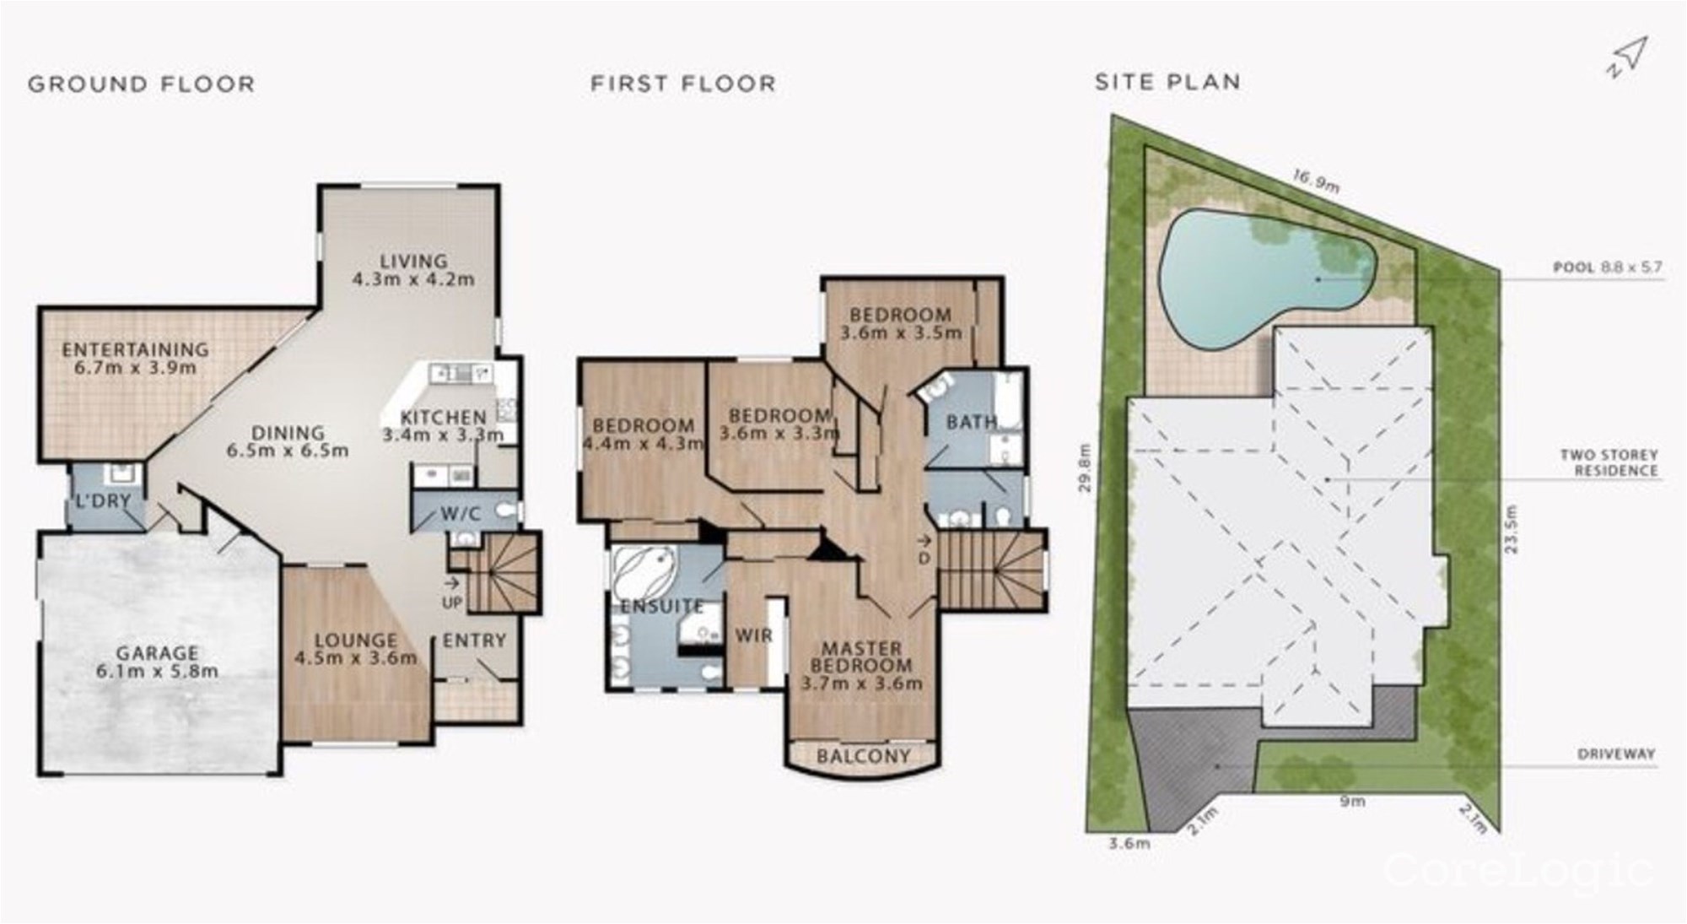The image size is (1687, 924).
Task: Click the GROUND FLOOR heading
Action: pyautogui.click(x=141, y=84)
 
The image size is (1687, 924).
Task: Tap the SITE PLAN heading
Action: pyautogui.click(x=1167, y=82)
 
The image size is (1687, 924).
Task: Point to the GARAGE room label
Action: pyautogui.click(x=158, y=653)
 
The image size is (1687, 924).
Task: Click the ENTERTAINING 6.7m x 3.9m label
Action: pyautogui.click(x=135, y=358)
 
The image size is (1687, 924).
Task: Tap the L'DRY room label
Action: pyautogui.click(x=104, y=501)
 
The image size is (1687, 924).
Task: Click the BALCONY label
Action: pyautogui.click(x=863, y=756)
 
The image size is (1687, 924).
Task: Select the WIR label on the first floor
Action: pyautogui.click(x=753, y=635)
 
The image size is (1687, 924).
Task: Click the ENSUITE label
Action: pyautogui.click(x=662, y=606)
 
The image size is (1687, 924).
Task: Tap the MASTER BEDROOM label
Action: pyautogui.click(x=861, y=657)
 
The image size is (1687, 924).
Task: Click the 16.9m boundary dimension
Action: pyautogui.click(x=1317, y=181)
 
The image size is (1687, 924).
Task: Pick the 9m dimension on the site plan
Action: pyautogui.click(x=1351, y=801)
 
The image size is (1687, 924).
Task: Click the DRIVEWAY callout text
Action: pyautogui.click(x=1616, y=754)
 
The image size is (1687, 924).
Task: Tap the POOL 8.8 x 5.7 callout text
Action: pyautogui.click(x=1608, y=267)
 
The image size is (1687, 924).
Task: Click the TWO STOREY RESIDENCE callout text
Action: pyautogui.click(x=1609, y=462)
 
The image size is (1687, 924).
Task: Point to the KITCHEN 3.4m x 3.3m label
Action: pyautogui.click(x=443, y=426)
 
